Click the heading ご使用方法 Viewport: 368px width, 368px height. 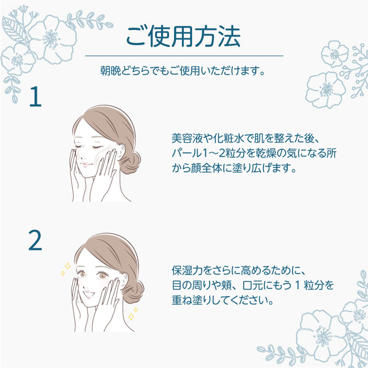tap(184, 37)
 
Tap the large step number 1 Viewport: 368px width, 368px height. tap(35, 97)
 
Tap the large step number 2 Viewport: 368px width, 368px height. tap(35, 240)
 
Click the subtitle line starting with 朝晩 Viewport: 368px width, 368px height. tap(183, 71)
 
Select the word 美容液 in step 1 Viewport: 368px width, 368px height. tap(187, 138)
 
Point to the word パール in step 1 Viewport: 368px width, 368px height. tap(187, 153)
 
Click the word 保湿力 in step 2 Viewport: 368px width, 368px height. tap(187, 270)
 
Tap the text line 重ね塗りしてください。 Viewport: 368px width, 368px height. tap(223, 300)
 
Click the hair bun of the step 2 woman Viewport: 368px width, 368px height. tap(133, 292)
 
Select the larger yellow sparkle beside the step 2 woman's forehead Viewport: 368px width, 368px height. tap(67, 266)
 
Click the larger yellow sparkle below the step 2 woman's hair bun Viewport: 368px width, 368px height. tap(131, 316)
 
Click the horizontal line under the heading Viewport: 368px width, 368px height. tap(184, 56)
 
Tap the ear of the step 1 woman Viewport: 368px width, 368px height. tap(121, 152)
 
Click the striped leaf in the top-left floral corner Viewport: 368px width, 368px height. tap(15, 30)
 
